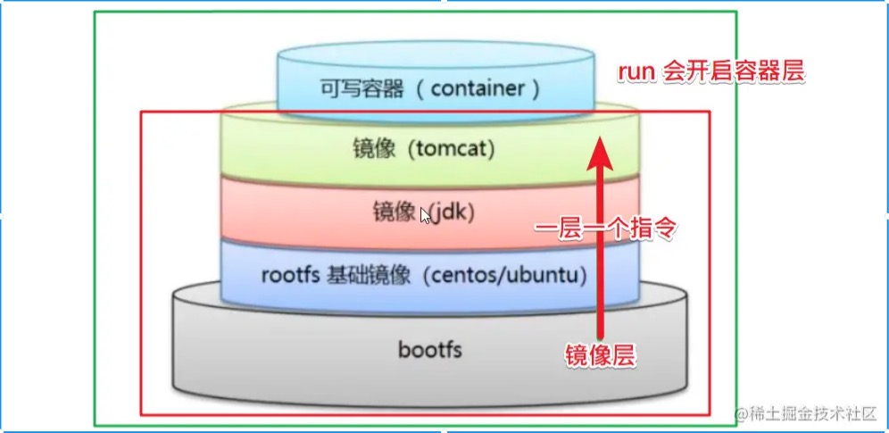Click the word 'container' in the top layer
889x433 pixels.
pyautogui.click(x=483, y=88)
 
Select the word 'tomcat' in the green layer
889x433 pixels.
pyautogui.click(x=452, y=148)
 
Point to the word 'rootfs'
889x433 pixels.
pyautogui.click(x=289, y=275)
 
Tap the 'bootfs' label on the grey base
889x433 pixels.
pyautogui.click(x=430, y=349)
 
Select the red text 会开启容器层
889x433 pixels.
pyautogui.click(x=734, y=73)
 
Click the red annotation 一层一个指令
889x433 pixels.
pyautogui.click(x=607, y=229)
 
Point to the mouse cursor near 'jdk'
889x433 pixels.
pyautogui.click(x=426, y=215)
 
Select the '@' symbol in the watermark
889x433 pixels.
pyautogui.click(x=741, y=413)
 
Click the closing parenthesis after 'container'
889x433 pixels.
pyautogui.click(x=536, y=88)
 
